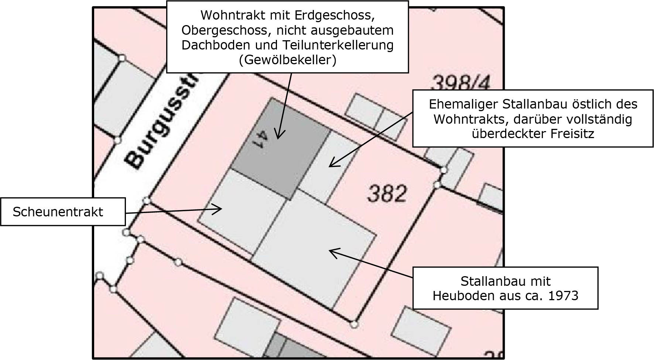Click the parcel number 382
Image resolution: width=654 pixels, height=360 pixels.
pyautogui.click(x=387, y=193)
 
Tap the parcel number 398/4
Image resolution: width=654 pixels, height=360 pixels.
pyautogui.click(x=460, y=83)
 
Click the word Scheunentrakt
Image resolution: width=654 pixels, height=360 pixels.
pyautogui.click(x=58, y=212)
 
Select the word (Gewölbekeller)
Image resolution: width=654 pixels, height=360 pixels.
pyautogui.click(x=288, y=60)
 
